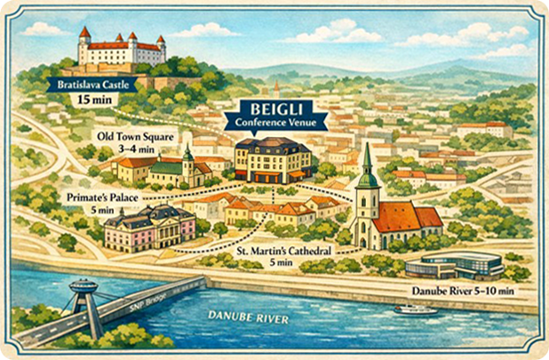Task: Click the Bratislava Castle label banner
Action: pyautogui.click(x=93, y=84)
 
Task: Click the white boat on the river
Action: pyautogui.click(x=416, y=308)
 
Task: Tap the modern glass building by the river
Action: pyautogui.click(x=454, y=264)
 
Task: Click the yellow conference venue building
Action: pyautogui.click(x=273, y=160)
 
